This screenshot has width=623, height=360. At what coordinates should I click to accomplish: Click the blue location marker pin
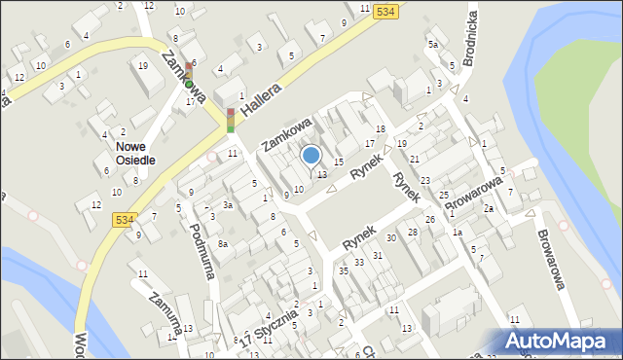click(x=311, y=156)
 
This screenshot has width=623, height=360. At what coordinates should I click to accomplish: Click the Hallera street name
click(x=261, y=102)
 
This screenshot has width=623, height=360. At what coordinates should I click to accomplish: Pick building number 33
click(x=359, y=262)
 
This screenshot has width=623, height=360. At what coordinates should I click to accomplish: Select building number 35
click(x=344, y=270)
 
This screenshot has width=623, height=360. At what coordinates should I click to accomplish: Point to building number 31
click(x=378, y=255)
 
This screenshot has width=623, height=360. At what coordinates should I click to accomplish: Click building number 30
click(x=391, y=237)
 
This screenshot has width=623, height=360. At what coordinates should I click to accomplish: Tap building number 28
click(x=413, y=232)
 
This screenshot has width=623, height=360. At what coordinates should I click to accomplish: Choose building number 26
click(x=429, y=219)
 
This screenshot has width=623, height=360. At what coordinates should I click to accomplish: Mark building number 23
click(x=425, y=181)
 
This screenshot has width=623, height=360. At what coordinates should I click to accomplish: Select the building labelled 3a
click(x=227, y=205)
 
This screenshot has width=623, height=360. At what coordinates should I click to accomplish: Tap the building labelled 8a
click(x=223, y=243)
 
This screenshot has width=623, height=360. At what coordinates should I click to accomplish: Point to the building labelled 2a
click(x=490, y=208)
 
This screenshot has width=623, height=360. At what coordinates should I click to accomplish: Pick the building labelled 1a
click(x=456, y=232)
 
